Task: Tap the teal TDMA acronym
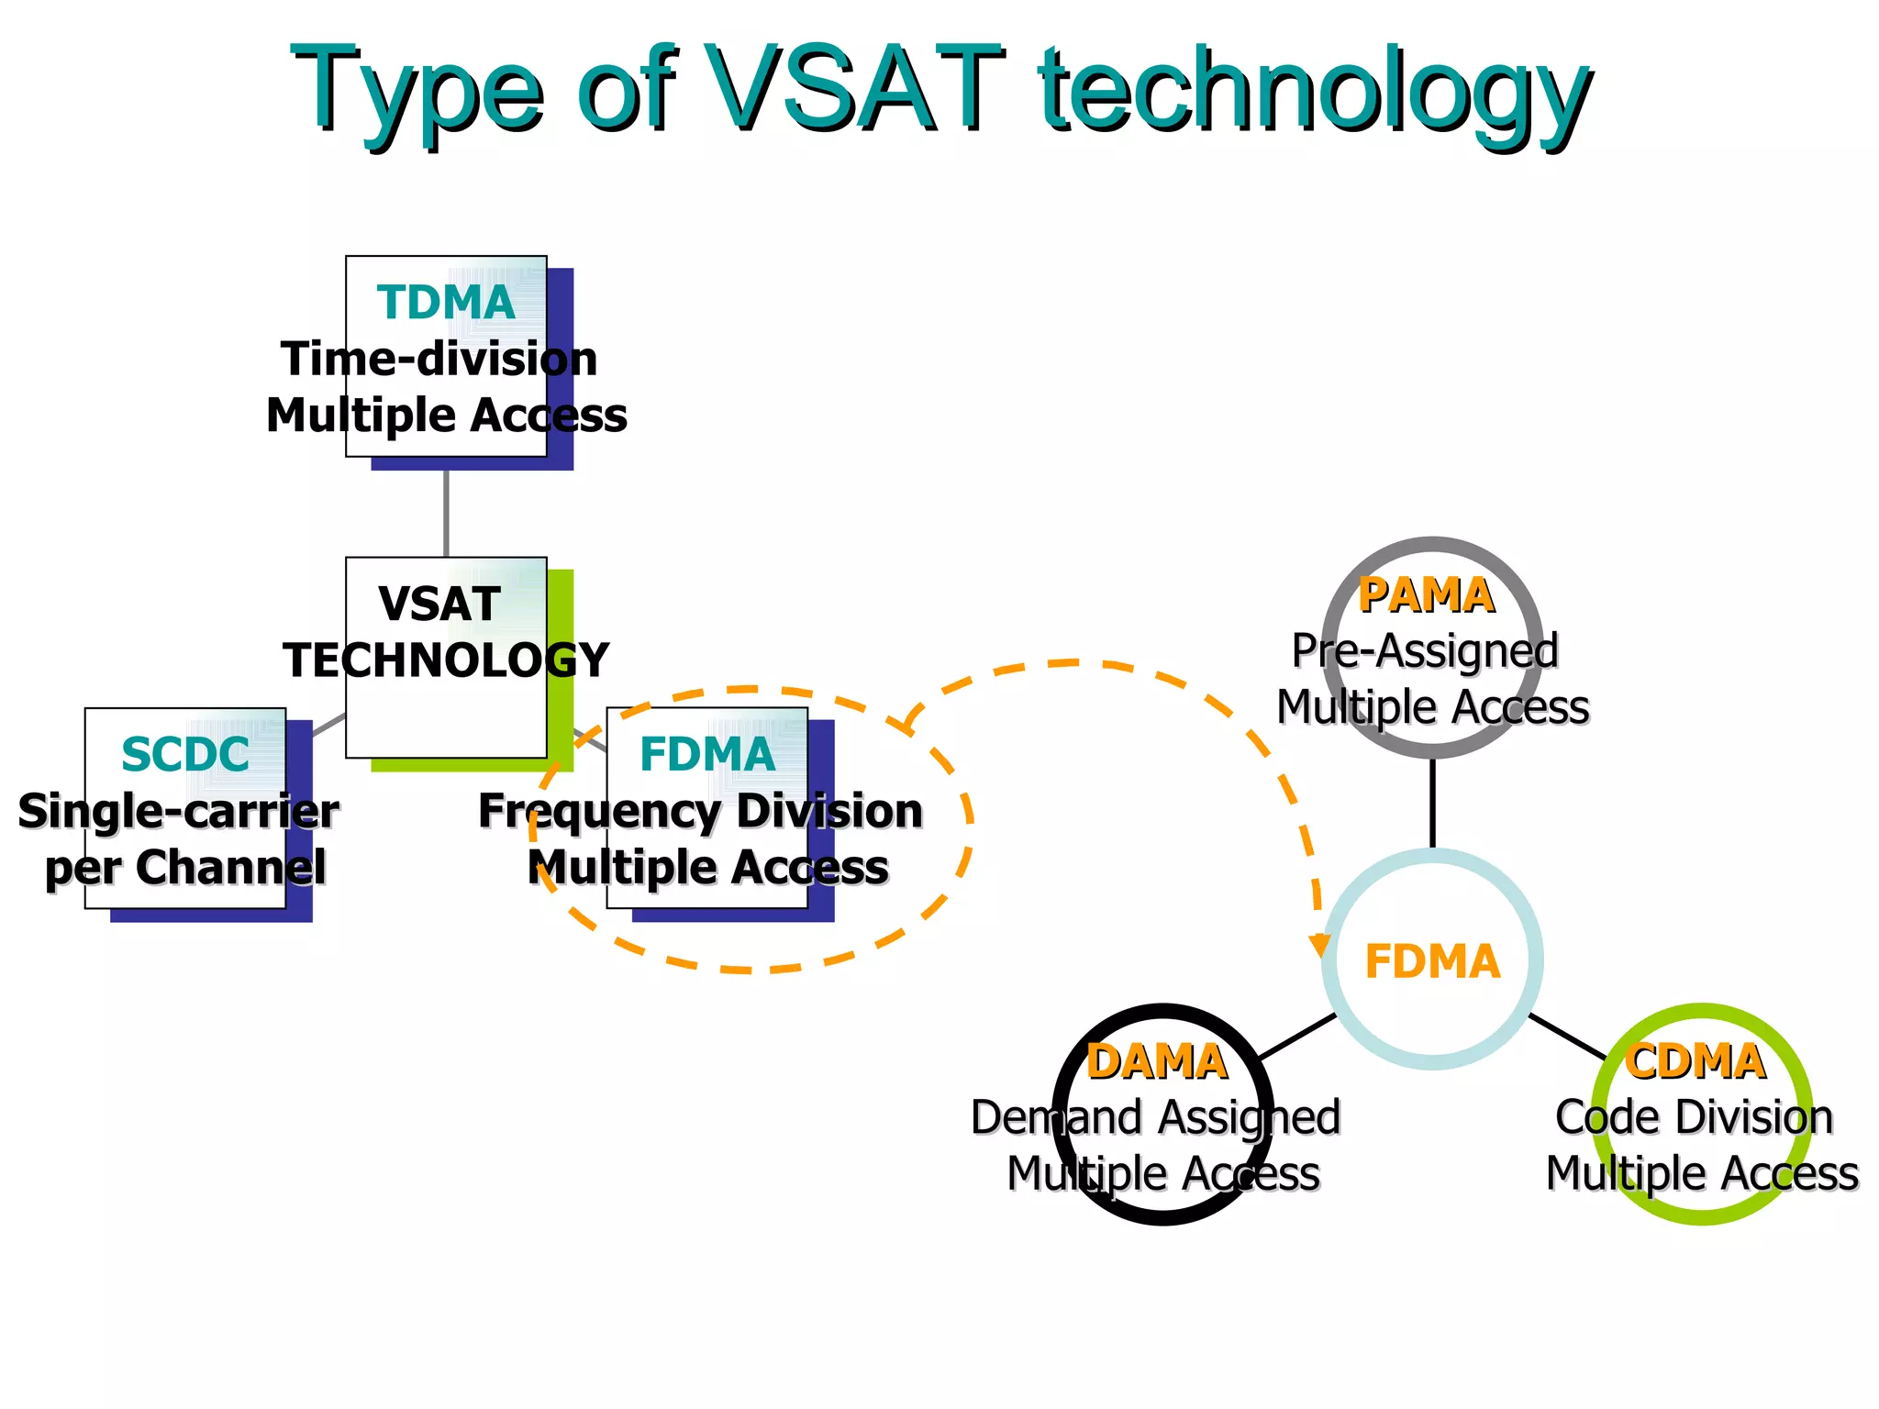click(x=446, y=303)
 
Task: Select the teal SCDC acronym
click(x=184, y=755)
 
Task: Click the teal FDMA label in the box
click(x=707, y=755)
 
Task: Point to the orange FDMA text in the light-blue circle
click(x=1431, y=962)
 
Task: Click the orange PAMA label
click(x=1426, y=595)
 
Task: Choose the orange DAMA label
click(x=1156, y=1062)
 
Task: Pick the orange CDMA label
click(x=1695, y=1062)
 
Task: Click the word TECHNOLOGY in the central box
click(x=446, y=660)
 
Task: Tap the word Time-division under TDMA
click(x=439, y=359)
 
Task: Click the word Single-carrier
click(x=178, y=811)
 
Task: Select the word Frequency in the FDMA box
click(x=600, y=811)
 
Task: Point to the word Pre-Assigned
click(x=1425, y=651)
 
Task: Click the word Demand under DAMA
click(x=1057, y=1117)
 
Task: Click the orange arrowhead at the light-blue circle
click(x=1320, y=945)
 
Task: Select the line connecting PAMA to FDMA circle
click(x=1432, y=804)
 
